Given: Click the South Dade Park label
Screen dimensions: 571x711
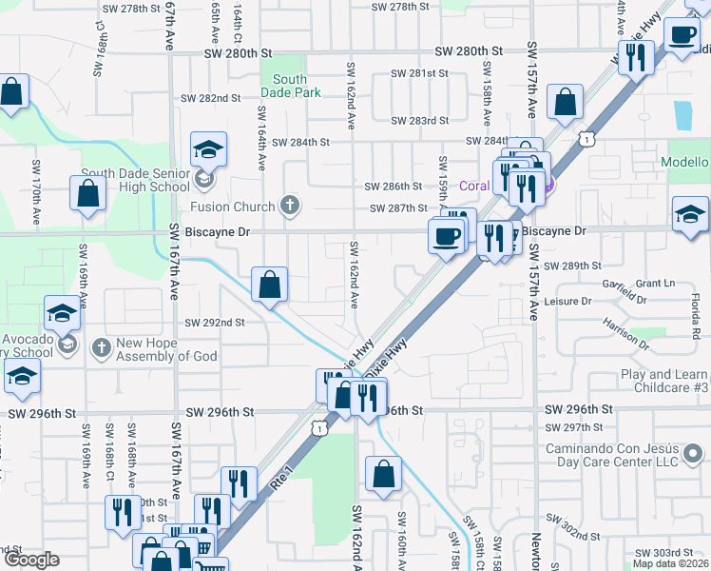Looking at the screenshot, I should [x=290, y=87].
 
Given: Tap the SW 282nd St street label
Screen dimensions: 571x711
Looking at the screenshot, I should [x=212, y=98].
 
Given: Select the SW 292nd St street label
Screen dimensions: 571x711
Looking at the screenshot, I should [x=215, y=323].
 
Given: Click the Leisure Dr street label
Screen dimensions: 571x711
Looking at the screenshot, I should [x=569, y=301].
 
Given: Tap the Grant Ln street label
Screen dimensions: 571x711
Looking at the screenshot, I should [x=655, y=284].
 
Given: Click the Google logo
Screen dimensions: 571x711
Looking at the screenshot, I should [x=31, y=561].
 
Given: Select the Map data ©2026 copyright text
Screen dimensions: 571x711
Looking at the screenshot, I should [x=671, y=563].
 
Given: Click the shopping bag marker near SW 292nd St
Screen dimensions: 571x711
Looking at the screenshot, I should [x=269, y=285].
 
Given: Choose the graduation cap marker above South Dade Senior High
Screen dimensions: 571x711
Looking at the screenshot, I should [x=208, y=150].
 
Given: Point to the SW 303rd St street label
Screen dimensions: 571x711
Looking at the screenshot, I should [x=664, y=553].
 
